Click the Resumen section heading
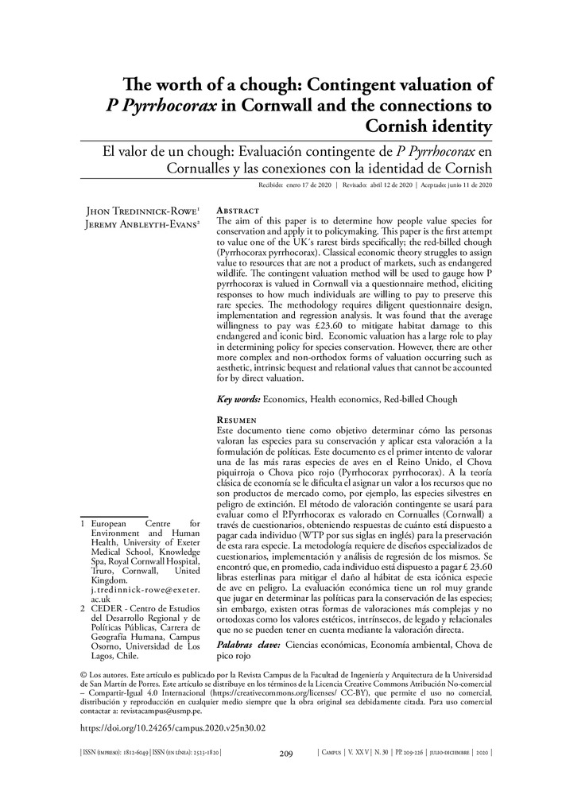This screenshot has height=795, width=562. tap(237, 419)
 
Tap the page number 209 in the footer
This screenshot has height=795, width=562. tap(287, 754)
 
